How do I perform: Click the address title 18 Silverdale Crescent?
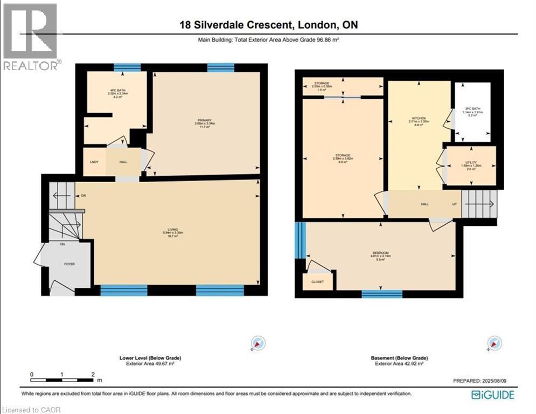click(x=268, y=25)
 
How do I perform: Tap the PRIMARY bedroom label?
click(x=204, y=120)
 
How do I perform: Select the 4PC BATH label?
click(x=115, y=89)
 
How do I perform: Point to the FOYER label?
click(x=70, y=264)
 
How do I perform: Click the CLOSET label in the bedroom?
click(x=318, y=281)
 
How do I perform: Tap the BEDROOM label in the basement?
click(x=380, y=252)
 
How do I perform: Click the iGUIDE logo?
click(x=492, y=395)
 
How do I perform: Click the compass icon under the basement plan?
click(x=494, y=343)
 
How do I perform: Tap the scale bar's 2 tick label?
click(x=93, y=374)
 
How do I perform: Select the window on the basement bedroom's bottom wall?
click(x=382, y=294)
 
